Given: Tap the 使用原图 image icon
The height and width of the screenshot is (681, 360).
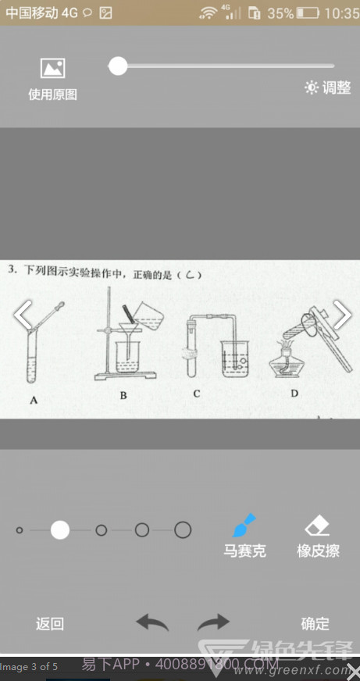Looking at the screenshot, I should tap(52, 68).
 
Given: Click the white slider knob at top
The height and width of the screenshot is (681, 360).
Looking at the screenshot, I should tap(118, 66).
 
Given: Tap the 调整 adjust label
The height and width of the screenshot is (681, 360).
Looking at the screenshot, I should tap(328, 87).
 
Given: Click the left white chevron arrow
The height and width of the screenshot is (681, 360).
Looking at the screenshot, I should tap(23, 315).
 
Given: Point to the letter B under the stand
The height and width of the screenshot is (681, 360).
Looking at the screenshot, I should tap(123, 396).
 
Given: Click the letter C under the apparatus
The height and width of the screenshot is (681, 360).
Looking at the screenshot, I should tap(196, 394).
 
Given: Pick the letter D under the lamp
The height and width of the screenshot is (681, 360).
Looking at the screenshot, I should tap(294, 393).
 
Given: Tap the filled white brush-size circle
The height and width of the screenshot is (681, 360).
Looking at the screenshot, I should tap(60, 530).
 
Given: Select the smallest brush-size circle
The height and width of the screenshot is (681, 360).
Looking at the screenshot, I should tap(20, 530).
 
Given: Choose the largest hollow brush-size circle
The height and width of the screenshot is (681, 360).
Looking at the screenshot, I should tap(183, 530).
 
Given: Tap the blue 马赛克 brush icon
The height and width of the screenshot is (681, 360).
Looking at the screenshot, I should tap(244, 524).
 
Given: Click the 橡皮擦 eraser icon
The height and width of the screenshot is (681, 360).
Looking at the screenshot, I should tap(318, 524).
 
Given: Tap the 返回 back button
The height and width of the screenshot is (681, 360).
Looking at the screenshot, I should tap(50, 623).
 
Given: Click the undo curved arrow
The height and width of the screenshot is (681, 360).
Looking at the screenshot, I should tap(152, 622).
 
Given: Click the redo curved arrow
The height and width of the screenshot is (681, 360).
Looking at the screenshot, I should tap(213, 622).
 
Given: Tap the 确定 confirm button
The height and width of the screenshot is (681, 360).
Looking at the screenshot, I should tap(315, 623).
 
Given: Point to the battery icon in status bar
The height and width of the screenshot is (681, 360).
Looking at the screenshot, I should tap(308, 13).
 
